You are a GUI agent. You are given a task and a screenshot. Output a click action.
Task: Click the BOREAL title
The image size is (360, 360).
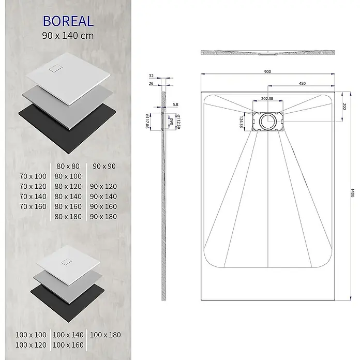[68, 21]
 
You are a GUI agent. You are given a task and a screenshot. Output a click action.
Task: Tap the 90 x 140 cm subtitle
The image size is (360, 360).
[68, 36]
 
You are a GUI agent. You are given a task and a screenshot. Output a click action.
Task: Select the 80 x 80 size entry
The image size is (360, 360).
[68, 166]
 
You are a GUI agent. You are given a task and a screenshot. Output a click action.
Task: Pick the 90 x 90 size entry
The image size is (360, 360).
[104, 166]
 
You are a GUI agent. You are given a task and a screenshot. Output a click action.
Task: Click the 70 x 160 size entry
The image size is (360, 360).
[33, 206]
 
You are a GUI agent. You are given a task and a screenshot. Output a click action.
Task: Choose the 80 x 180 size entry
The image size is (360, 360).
[68, 217]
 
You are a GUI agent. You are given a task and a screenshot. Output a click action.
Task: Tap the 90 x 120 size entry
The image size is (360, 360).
[103, 186]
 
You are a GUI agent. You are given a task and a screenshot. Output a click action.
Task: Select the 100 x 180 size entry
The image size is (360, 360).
[106, 335]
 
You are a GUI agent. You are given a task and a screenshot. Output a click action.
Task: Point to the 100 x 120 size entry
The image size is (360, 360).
[31, 345]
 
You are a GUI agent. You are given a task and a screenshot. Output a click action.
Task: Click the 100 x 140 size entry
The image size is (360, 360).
[68, 335]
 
